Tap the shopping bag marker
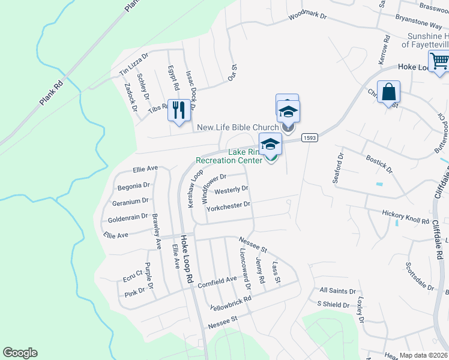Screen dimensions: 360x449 (x=389, y=92)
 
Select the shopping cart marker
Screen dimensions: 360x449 (x=439, y=61)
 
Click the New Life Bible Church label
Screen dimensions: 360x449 (x=238, y=127)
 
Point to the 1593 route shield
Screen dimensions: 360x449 (x=309, y=137)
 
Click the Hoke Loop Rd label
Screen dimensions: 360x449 (x=187, y=259)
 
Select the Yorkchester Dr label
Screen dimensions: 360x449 (x=228, y=205)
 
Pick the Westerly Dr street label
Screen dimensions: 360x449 (x=231, y=190)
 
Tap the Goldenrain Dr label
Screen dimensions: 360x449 (x=127, y=216)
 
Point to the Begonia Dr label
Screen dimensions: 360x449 (x=133, y=185)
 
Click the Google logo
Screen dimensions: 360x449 (x=20, y=353)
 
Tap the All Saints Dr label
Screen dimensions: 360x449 (x=337, y=291)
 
